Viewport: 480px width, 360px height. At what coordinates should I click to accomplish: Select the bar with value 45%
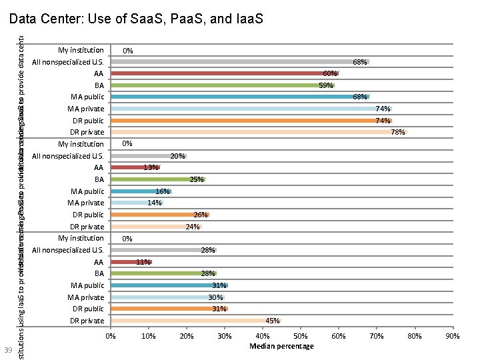[x=196, y=321]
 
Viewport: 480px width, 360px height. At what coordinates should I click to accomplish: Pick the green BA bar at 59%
[x=223, y=85]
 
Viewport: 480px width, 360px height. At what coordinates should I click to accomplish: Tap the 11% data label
[x=143, y=262]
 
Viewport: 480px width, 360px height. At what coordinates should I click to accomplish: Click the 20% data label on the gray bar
[x=177, y=156]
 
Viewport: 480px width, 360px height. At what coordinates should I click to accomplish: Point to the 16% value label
[x=163, y=191]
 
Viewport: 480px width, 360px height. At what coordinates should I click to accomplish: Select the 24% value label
[x=192, y=227]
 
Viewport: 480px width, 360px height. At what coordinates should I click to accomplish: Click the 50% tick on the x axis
[x=301, y=337]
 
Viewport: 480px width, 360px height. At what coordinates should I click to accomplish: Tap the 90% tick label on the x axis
[x=453, y=337]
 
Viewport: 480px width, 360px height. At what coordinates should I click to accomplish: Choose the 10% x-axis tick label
[x=149, y=337]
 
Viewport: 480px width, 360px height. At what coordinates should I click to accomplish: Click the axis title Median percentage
[x=281, y=346]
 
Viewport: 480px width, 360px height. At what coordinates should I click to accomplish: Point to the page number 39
[x=8, y=351]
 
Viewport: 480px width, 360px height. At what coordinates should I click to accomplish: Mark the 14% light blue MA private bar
[x=137, y=203]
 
